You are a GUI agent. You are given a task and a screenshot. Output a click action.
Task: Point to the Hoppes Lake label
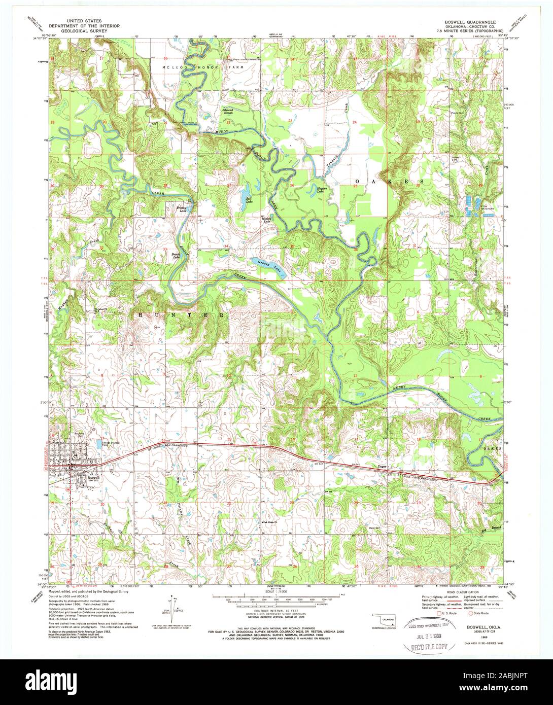(321, 189)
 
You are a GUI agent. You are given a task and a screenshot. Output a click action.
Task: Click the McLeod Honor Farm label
(203, 67)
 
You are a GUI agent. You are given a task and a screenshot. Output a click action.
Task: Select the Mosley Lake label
(266, 220)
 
